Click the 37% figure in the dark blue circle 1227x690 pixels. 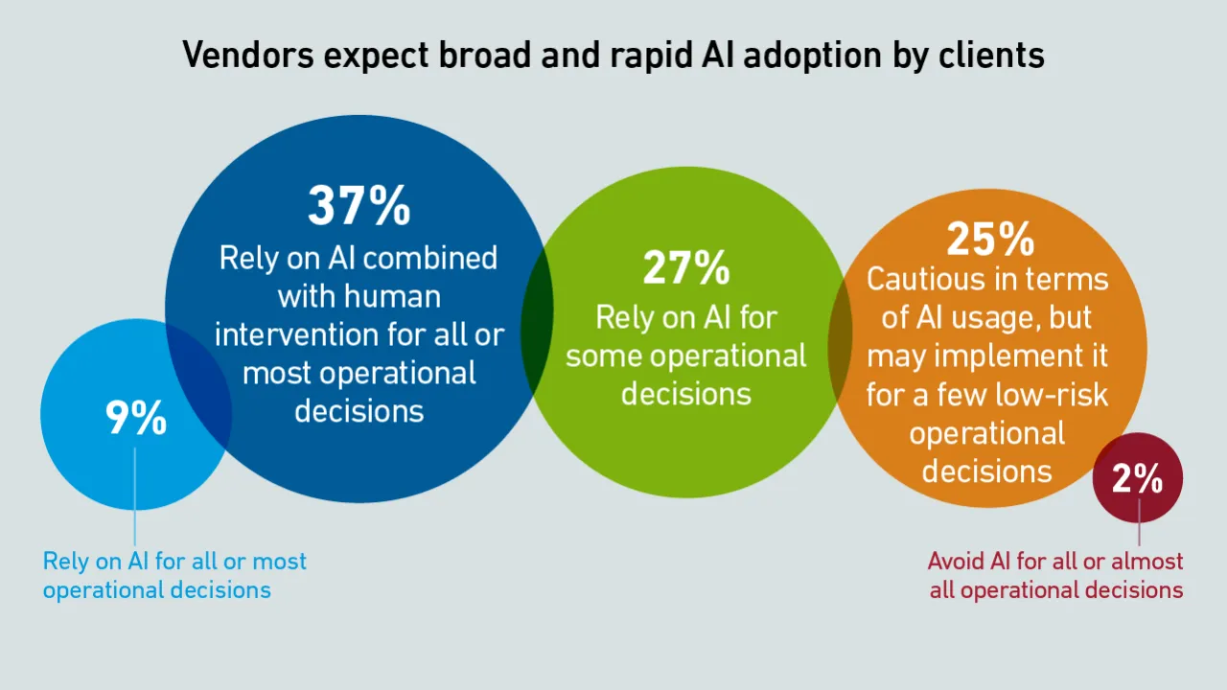359,205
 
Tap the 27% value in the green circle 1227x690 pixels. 686,267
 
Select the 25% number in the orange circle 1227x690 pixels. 990,239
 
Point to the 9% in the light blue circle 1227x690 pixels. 136,417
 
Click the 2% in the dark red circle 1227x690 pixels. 1137,478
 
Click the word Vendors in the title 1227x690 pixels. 248,55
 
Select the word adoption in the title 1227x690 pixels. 813,56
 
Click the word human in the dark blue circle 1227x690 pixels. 392,296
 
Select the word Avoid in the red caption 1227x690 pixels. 957,562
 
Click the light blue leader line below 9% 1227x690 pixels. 135,496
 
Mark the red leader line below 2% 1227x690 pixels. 1140,521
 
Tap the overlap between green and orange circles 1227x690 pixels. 841,345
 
